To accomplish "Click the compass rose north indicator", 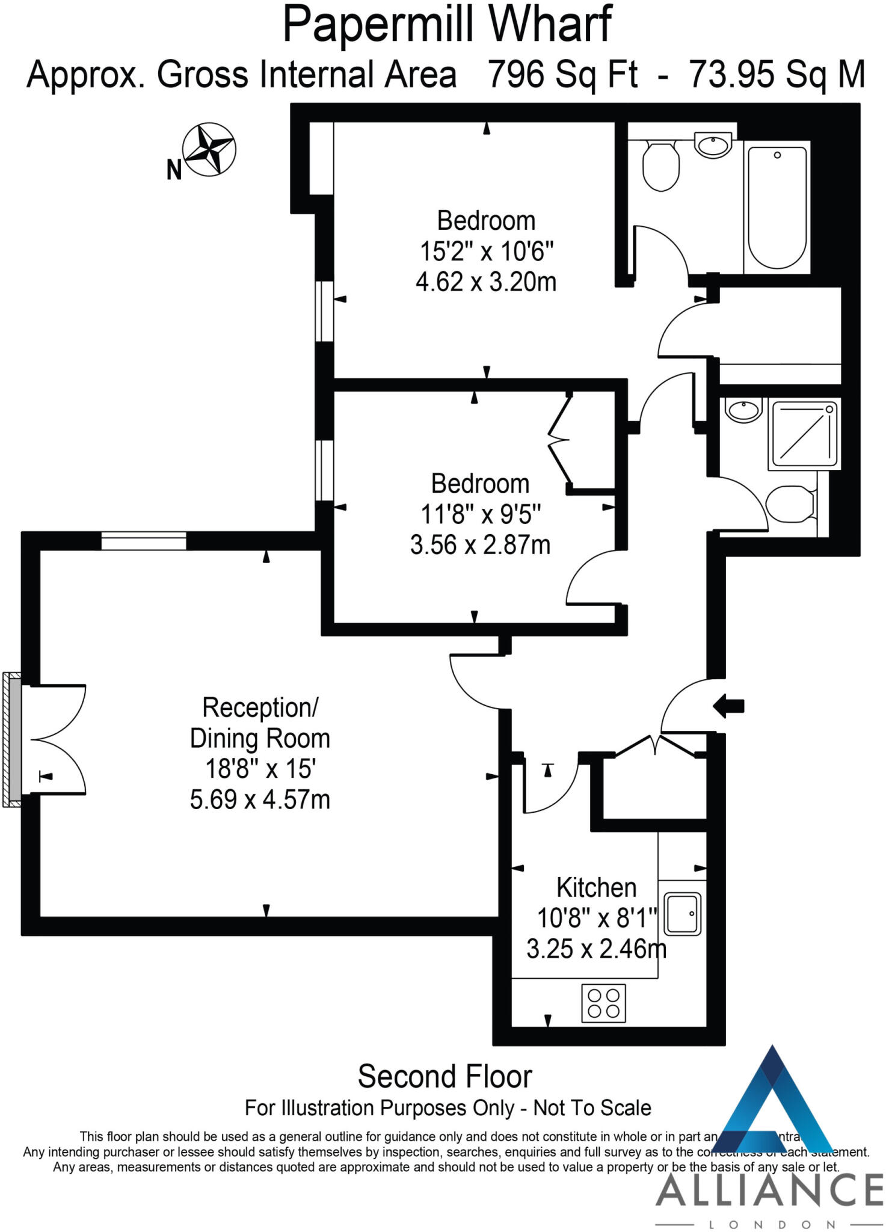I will (x=209, y=150).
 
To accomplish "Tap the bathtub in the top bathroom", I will (x=777, y=207).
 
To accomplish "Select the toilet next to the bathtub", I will (x=660, y=166).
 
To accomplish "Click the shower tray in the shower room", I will (x=804, y=434).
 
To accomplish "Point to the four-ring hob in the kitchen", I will (x=603, y=1003).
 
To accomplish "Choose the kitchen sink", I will (x=683, y=913).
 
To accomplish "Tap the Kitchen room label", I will (x=596, y=887).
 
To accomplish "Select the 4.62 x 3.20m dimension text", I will (x=486, y=282).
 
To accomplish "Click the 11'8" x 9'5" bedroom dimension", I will (x=480, y=514).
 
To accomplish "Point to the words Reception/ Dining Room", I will (x=260, y=722).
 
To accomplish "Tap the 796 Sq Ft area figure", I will (x=562, y=75).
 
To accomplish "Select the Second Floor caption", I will (x=445, y=1077).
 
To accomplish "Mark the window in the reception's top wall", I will (x=144, y=541).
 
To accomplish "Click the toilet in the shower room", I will (x=790, y=504).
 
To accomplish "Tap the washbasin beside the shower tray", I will (x=743, y=410).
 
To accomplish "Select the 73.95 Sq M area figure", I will (x=777, y=75).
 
